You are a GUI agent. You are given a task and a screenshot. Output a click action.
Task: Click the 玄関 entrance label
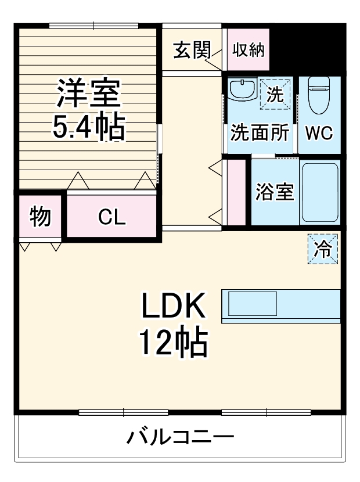(191, 51)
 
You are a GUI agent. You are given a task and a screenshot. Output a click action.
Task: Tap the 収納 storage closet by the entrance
(248, 51)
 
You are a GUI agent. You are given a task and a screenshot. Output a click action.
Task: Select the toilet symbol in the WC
(318, 96)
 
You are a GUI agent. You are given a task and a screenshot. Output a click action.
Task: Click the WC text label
(319, 133)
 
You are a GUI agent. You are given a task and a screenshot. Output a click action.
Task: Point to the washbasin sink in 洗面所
(242, 90)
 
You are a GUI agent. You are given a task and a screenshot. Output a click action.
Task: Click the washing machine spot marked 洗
(275, 93)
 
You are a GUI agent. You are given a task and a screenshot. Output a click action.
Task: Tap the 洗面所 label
(260, 133)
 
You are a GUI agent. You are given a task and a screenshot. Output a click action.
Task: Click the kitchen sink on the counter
(252, 304)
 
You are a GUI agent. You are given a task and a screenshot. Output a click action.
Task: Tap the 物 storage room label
(39, 217)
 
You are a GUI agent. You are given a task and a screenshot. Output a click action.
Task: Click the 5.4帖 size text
(88, 130)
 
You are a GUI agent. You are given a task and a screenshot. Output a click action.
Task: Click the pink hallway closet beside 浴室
(236, 192)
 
